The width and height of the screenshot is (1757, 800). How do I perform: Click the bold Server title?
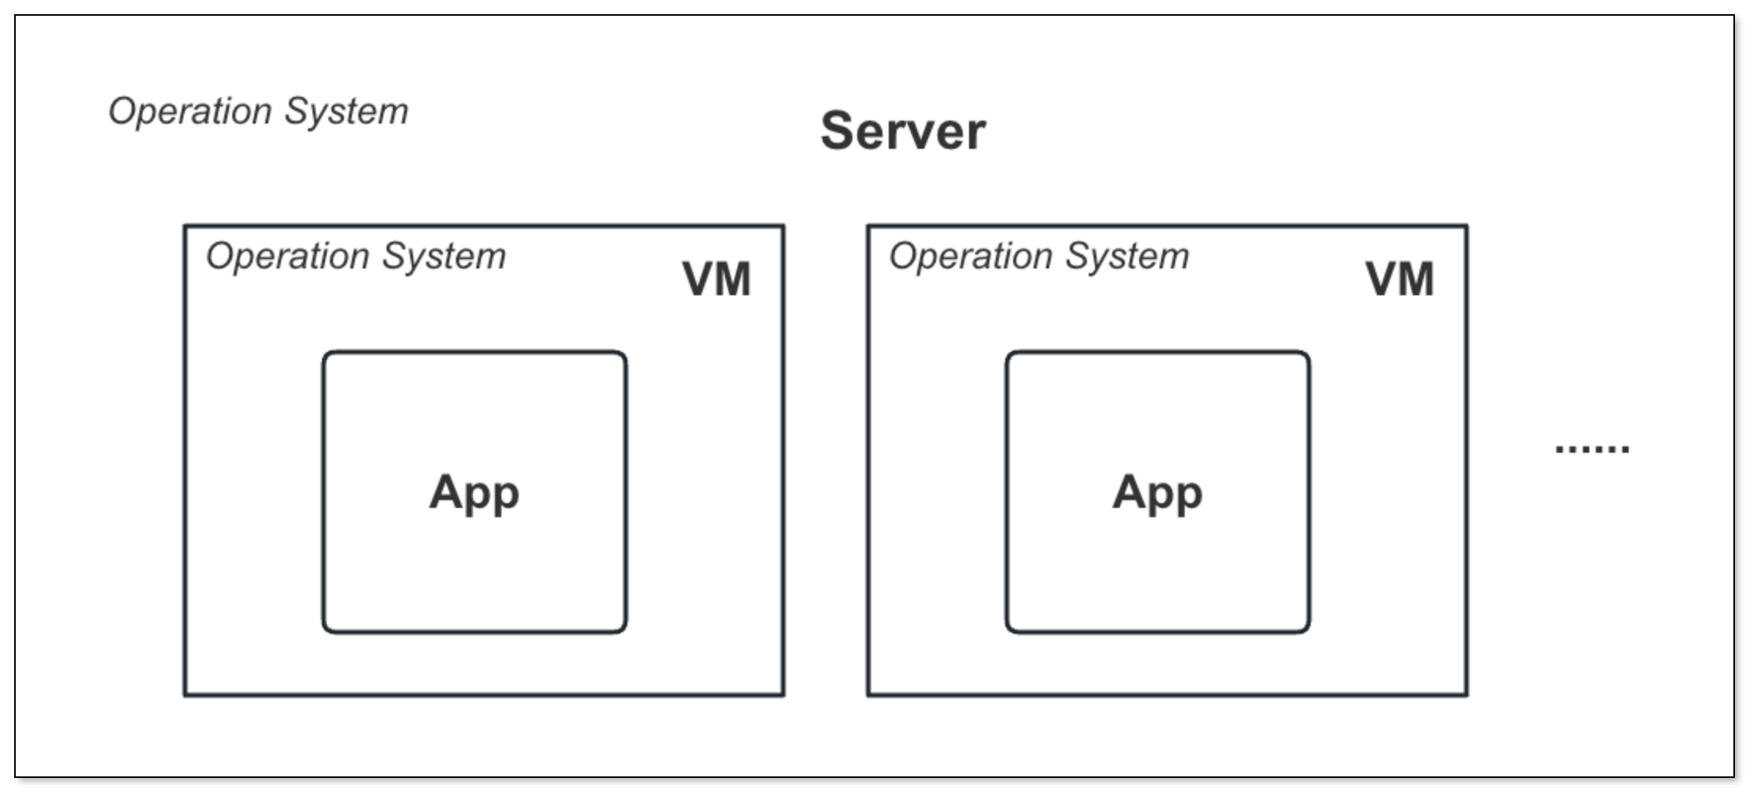coord(903,131)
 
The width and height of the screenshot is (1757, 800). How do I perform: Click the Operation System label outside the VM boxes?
coord(258,112)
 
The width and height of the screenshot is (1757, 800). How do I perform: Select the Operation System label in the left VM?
coord(356,257)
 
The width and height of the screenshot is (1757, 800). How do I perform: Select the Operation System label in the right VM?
coord(1039,257)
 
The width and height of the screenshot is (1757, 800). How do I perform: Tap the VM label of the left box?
coord(716,280)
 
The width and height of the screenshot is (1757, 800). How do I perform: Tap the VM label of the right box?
coord(1400,280)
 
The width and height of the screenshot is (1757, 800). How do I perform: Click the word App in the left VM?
coord(474,493)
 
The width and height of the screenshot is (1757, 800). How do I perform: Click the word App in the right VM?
coord(1157,493)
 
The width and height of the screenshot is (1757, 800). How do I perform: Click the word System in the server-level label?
coord(346,112)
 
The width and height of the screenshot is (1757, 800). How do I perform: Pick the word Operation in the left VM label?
coord(288,257)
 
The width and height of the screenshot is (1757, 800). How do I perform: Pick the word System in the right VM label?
coord(1127,257)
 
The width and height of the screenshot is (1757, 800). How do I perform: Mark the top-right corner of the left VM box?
coord(783,227)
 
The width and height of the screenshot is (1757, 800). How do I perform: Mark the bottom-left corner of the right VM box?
coord(869,694)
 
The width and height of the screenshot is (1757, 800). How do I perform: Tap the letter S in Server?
coord(838,131)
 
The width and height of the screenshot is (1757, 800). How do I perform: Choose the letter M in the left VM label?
coord(734,280)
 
